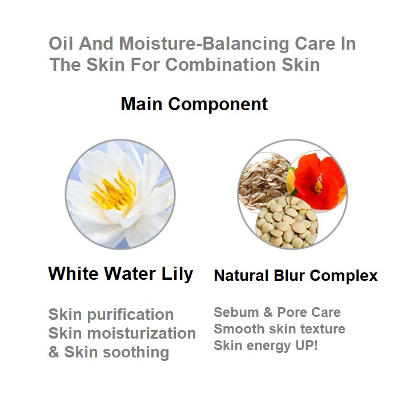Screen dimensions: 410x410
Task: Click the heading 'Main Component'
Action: pyautogui.click(x=194, y=104)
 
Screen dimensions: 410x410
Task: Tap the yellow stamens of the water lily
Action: pyautogui.click(x=114, y=191)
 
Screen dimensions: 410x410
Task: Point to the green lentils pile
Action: pyautogui.click(x=287, y=223)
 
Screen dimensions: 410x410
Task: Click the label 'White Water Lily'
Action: pyautogui.click(x=120, y=274)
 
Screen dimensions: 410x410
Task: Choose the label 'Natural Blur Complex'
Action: pyautogui.click(x=296, y=276)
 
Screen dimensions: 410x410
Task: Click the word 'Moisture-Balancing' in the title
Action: pyautogui.click(x=204, y=43)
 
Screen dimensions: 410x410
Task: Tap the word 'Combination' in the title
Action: pyautogui.click(x=220, y=65)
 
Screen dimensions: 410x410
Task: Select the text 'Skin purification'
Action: pyautogui.click(x=111, y=315)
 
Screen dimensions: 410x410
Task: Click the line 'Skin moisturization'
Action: pyautogui.click(x=122, y=333)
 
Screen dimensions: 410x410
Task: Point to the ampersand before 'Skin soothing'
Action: pyautogui.click(x=54, y=352)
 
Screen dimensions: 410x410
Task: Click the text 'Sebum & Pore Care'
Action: pyautogui.click(x=277, y=312)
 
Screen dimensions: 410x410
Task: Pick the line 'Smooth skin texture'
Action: pyautogui.click(x=280, y=329)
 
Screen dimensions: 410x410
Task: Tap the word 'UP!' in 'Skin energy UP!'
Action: pyautogui.click(x=307, y=345)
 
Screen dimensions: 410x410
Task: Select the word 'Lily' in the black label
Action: pyautogui.click(x=177, y=274)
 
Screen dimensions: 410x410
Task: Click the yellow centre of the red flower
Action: pyautogui.click(x=318, y=186)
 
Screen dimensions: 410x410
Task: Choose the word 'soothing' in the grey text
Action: pyautogui.click(x=136, y=352)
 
